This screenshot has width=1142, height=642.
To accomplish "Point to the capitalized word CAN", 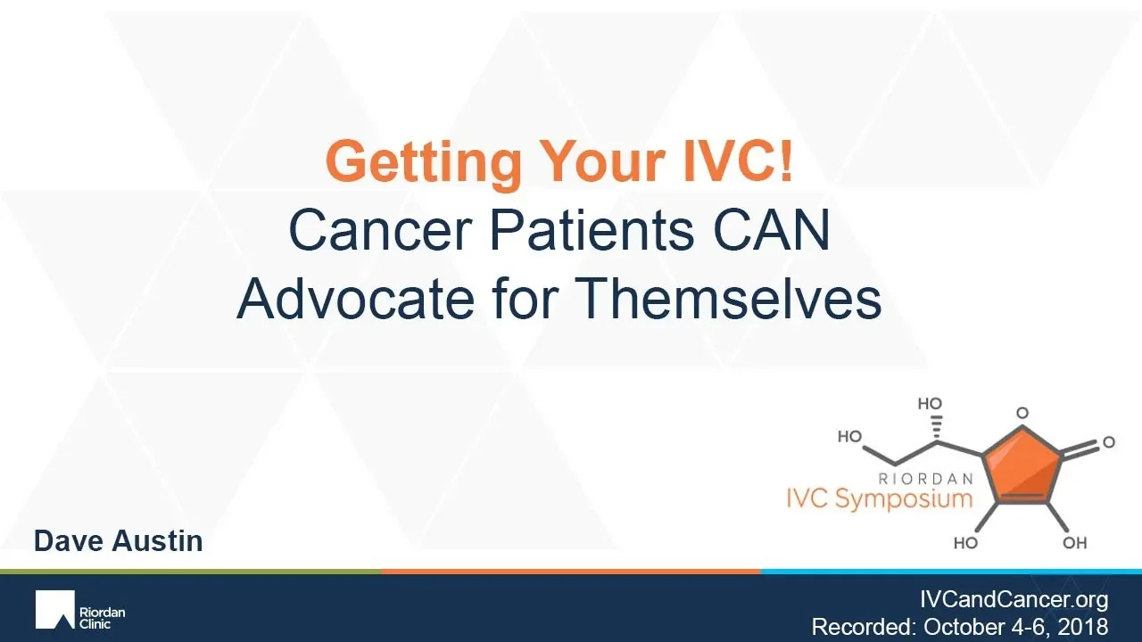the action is tap(772, 230).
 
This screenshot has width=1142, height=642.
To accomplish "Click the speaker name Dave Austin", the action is tap(119, 540).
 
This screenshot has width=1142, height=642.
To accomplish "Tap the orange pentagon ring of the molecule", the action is tap(1023, 466).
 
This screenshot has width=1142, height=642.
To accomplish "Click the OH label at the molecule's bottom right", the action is tap(1075, 543).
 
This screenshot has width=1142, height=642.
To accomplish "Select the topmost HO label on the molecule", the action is tap(930, 404).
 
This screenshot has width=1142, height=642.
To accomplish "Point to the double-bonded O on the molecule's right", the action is tap(1109, 441).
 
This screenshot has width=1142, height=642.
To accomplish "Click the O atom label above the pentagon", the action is tap(1022, 412).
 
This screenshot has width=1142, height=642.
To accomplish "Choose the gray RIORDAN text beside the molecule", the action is tap(926, 479).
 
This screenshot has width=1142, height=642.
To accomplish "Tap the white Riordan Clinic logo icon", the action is tap(55, 609).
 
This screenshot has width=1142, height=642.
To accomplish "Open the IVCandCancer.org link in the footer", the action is tap(1014, 599).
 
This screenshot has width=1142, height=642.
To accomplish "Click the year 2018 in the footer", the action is tap(1083, 627).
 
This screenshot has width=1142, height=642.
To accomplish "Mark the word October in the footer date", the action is tap(964, 627).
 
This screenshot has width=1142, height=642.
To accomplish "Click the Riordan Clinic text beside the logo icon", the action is tap(102, 618).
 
